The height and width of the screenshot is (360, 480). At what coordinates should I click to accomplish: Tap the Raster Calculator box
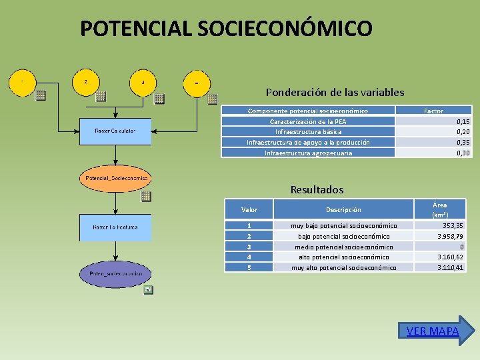click(115, 131)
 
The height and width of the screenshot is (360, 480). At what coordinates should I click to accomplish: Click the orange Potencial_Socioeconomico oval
click(115, 179)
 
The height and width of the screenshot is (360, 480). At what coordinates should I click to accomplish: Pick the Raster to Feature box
click(115, 227)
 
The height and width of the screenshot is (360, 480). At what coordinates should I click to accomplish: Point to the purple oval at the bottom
click(115, 274)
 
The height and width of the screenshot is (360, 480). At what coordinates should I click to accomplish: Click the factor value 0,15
click(463, 121)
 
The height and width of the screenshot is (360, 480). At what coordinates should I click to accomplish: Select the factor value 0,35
click(463, 142)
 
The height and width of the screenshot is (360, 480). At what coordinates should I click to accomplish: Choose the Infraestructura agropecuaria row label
click(308, 153)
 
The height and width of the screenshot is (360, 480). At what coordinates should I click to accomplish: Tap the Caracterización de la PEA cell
click(308, 121)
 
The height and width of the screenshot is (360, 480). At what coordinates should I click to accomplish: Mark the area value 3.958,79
click(451, 236)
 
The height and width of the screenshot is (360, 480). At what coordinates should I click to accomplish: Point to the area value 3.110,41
click(451, 267)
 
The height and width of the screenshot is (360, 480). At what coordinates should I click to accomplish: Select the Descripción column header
click(343, 209)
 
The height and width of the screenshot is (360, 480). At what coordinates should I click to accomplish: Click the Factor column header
click(433, 111)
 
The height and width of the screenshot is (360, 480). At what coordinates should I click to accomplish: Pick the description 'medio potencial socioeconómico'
click(343, 247)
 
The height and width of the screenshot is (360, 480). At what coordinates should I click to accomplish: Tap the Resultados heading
click(317, 190)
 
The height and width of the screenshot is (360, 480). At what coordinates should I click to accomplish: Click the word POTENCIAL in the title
click(135, 29)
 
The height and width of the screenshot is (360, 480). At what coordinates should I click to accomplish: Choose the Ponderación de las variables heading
click(335, 93)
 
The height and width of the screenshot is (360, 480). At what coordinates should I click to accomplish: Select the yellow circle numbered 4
click(197, 82)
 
